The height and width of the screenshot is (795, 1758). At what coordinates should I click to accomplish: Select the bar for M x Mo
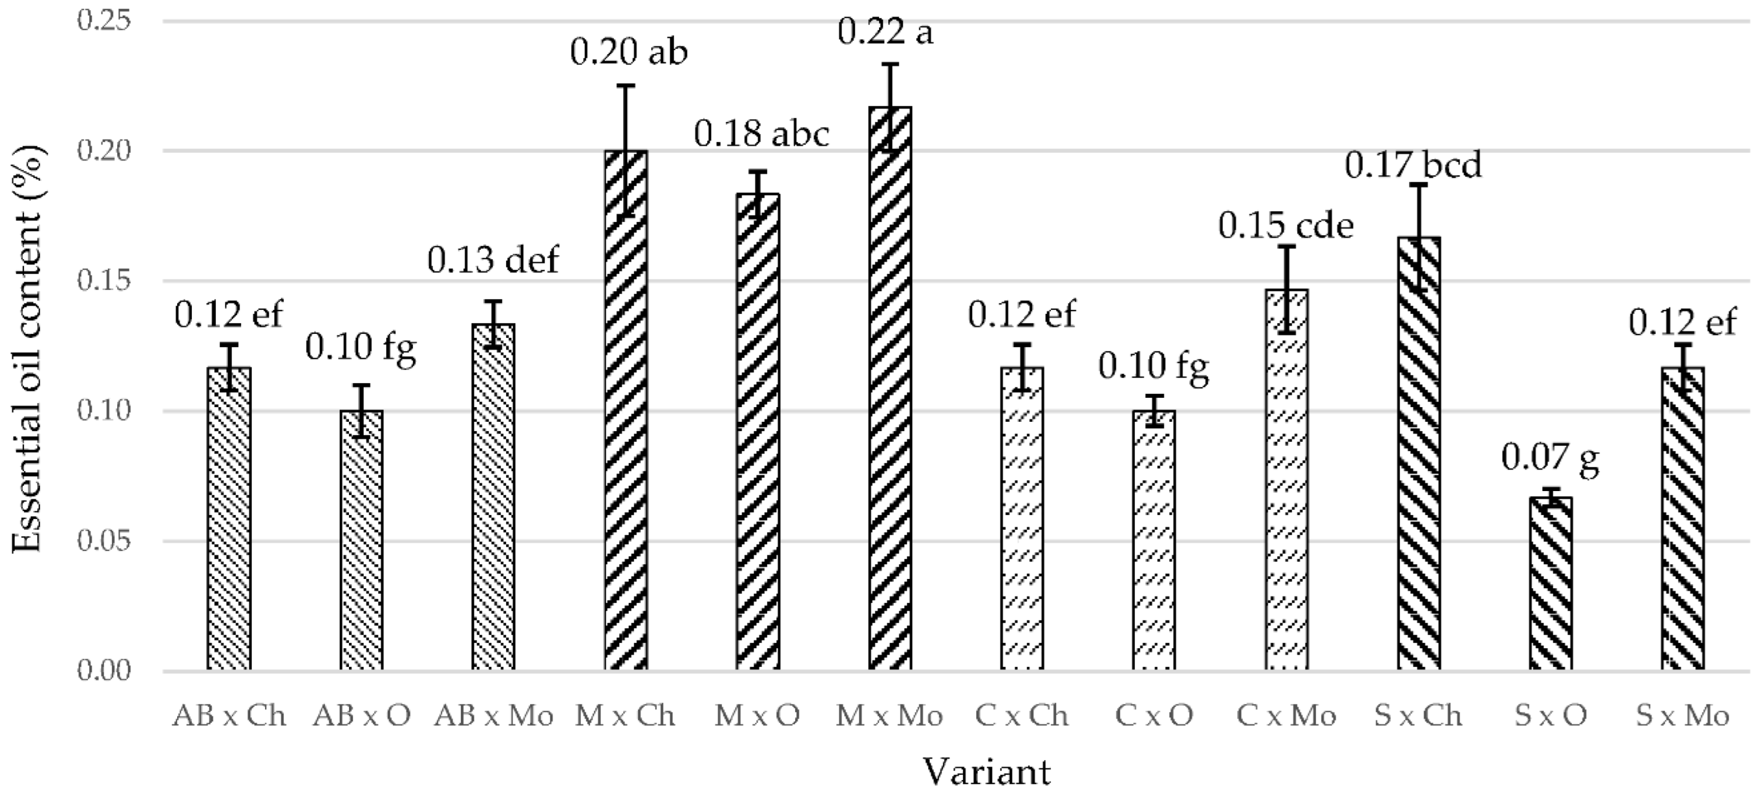point(890,389)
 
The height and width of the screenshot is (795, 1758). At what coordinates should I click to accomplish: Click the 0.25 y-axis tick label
point(104,21)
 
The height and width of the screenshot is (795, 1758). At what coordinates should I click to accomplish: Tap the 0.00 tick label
point(104,671)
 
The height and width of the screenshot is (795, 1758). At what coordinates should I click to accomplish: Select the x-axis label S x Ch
point(1418,716)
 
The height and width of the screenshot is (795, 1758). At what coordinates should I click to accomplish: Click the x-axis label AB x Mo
point(493,716)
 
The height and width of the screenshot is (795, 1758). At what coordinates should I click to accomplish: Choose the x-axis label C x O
point(1154,716)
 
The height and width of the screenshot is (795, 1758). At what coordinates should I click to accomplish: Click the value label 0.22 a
point(884,33)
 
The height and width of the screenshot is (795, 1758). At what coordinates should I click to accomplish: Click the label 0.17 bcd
point(1413,165)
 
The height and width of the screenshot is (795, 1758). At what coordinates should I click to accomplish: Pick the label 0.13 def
point(493,260)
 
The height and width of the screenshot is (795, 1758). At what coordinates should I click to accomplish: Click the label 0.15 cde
point(1286,225)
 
